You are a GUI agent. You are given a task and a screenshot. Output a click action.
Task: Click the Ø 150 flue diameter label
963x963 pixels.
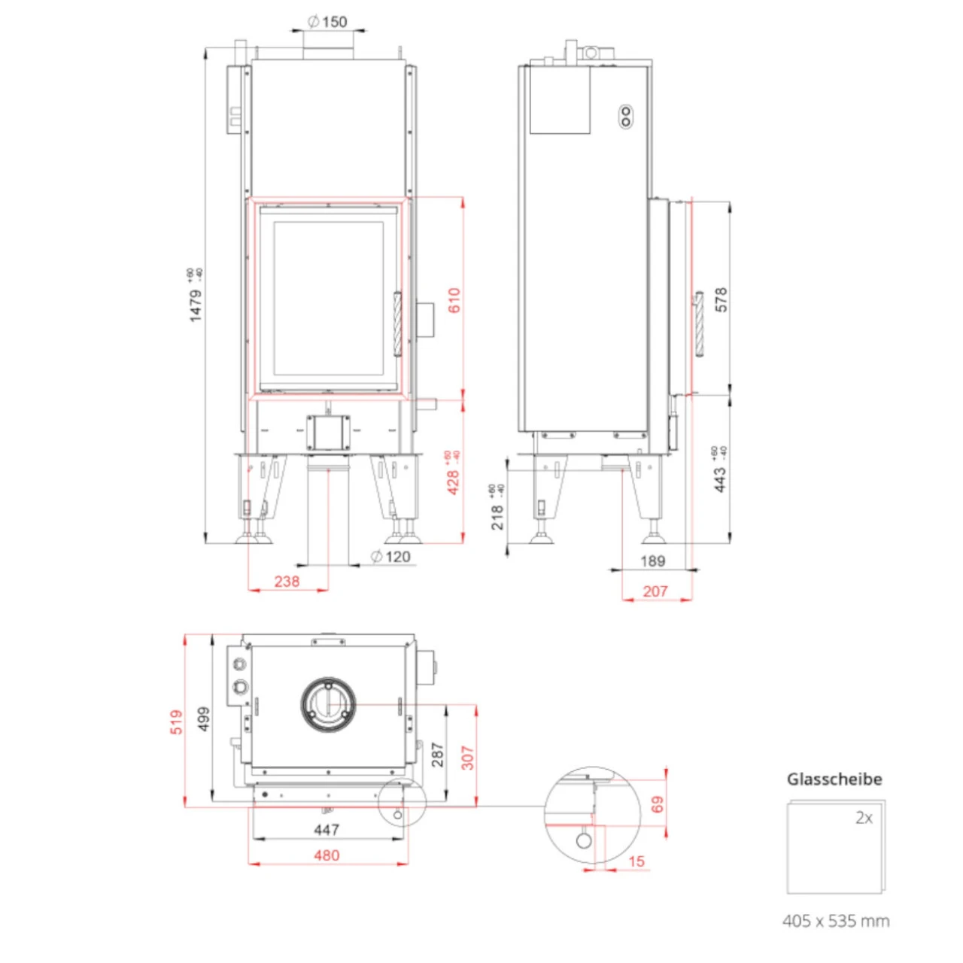coord(328,21)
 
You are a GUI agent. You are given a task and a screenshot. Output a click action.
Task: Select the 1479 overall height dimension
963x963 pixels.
coord(196,305)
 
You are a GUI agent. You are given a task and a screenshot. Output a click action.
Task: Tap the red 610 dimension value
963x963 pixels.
coord(454,300)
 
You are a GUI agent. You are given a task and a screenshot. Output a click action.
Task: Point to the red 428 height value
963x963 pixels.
coord(453,481)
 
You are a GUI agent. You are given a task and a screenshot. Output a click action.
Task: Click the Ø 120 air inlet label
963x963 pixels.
coord(390,557)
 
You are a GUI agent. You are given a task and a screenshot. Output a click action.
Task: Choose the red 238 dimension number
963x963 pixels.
coord(287,581)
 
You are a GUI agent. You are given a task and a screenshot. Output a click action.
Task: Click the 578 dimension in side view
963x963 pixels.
coord(721,299)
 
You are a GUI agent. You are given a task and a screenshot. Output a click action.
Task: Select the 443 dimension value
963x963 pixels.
coord(720,479)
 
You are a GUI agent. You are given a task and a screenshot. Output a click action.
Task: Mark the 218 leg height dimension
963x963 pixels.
coord(497,517)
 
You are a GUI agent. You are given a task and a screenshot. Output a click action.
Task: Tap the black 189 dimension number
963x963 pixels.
coord(652,560)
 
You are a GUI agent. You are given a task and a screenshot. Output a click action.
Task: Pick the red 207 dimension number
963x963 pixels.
coord(655,591)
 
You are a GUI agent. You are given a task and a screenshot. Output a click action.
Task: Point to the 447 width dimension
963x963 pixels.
coord(327,829)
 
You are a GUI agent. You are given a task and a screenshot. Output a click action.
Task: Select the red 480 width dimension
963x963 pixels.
coord(327,855)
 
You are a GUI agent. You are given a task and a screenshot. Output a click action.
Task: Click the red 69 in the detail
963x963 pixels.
coord(658,804)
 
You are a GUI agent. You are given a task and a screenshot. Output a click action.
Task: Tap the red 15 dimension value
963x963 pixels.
coord(636,861)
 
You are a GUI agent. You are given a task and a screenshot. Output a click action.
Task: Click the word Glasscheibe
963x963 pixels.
coord(834,779)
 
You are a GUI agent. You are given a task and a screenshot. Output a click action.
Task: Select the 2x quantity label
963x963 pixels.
coord(864,818)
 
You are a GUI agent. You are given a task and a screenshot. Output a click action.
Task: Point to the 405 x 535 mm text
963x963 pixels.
coord(835,920)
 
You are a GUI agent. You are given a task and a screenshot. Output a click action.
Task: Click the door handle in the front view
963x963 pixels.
coord(398,324)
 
